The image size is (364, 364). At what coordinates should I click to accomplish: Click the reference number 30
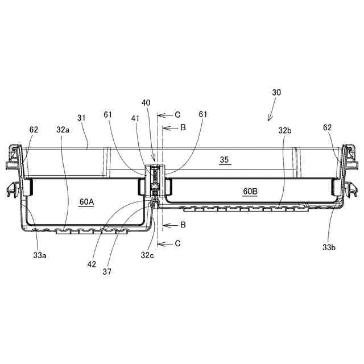coord(276,92)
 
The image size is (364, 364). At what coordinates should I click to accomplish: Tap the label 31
coord(81,118)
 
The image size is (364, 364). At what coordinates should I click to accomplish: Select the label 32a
coord(63,130)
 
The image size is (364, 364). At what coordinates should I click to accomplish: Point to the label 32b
coord(285,131)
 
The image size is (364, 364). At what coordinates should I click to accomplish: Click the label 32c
coord(147,255)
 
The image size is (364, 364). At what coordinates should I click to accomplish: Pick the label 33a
coord(40,255)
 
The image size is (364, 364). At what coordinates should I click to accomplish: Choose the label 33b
coord(329,247)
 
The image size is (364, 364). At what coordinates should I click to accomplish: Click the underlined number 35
coord(224,160)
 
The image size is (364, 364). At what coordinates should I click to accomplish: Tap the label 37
coord(107,272)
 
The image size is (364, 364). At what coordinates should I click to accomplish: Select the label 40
coord(146,102)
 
